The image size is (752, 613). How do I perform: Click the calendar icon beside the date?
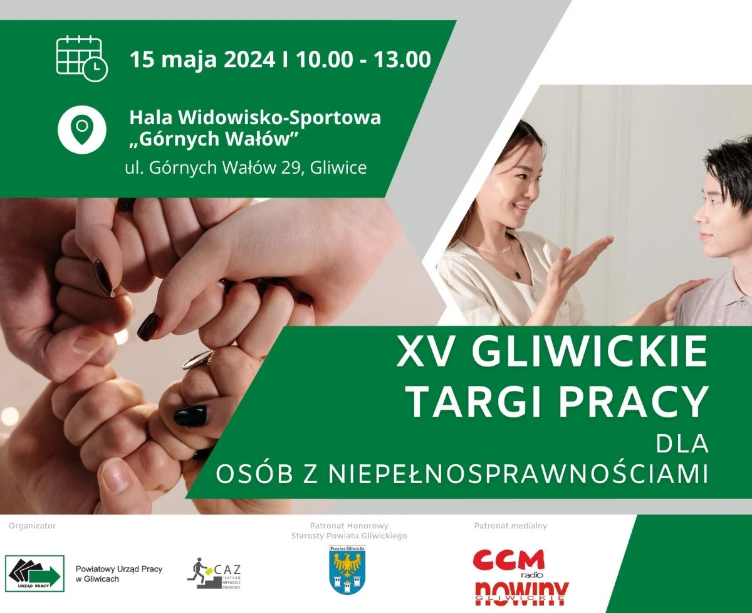(x=81, y=59)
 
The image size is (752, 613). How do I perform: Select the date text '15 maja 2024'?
(x=202, y=60)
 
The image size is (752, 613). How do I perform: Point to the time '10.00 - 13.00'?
(x=363, y=60)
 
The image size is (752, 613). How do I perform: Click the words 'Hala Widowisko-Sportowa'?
(x=254, y=117)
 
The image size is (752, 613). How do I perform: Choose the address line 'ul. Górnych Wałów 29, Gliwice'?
(x=246, y=168)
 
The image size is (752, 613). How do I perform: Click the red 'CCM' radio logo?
(x=508, y=560)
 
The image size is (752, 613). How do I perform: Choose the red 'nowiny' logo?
(x=521, y=591)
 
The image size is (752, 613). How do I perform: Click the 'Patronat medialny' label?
(x=511, y=526)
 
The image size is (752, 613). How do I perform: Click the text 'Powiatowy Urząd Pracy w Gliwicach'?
(x=118, y=573)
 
